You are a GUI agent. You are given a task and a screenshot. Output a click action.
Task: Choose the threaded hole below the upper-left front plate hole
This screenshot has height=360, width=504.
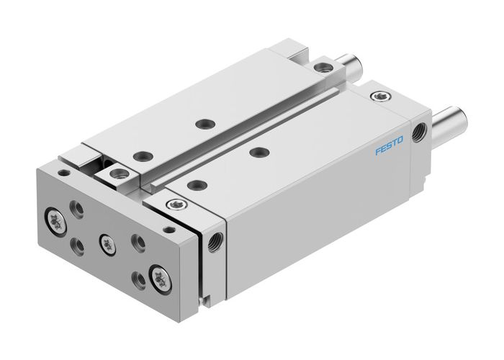coord(78,246)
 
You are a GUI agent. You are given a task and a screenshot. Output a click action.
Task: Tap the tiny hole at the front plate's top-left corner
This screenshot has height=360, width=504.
coord(63,173)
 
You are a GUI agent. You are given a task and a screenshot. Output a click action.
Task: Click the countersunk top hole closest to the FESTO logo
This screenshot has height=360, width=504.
coord(257,152)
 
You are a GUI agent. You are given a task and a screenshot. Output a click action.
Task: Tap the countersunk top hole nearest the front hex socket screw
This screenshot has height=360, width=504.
coord(192,184)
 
